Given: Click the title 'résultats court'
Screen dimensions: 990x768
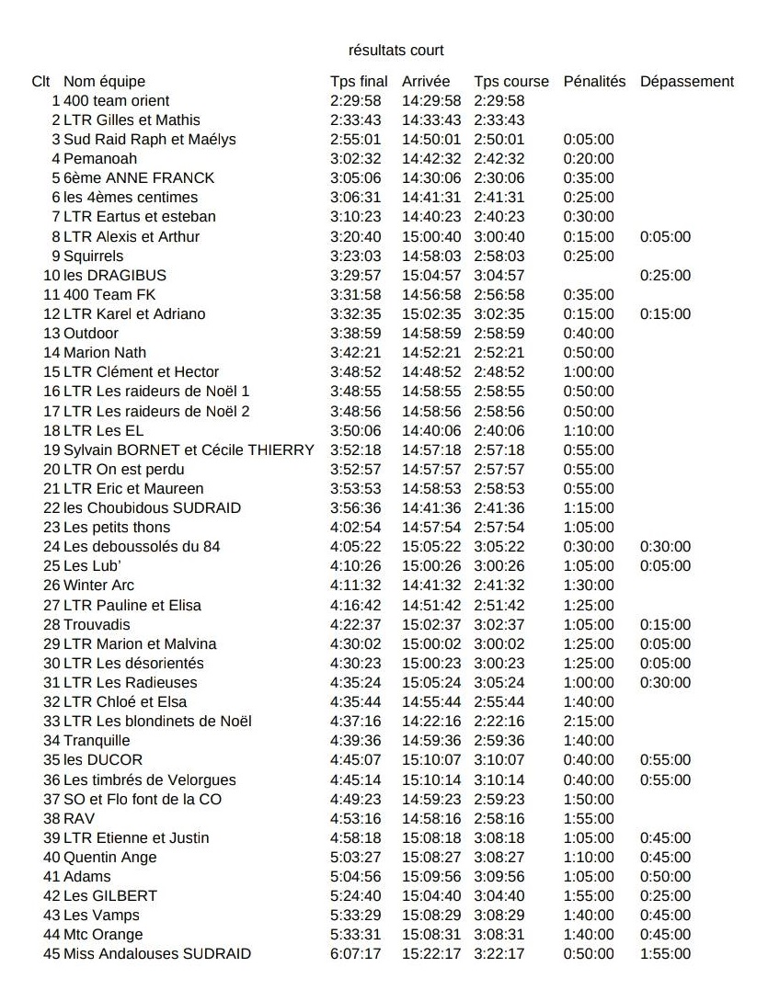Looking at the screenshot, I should (x=396, y=50).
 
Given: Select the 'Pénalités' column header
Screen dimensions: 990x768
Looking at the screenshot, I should (x=594, y=81).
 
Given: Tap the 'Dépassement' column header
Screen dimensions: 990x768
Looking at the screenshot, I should (x=686, y=81).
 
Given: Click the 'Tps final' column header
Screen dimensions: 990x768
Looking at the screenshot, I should (x=359, y=81).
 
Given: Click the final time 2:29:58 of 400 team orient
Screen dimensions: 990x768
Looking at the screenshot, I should (x=355, y=100).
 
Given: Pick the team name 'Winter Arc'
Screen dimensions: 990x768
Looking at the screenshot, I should (x=98, y=585).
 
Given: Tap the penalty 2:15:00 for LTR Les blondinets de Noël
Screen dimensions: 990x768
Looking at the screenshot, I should (x=588, y=721).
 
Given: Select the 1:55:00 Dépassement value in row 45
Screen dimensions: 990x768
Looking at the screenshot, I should (x=665, y=953).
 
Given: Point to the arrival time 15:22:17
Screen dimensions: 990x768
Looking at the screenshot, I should (x=431, y=953).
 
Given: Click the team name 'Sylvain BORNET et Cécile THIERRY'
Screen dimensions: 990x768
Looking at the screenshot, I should (x=189, y=449).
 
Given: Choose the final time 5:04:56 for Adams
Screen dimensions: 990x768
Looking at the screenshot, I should (x=355, y=876).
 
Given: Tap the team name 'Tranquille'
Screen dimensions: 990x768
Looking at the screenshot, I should (x=97, y=740).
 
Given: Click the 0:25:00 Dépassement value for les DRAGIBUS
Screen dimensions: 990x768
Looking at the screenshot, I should (x=665, y=275).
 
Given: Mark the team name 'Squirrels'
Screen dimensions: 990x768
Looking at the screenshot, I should (x=93, y=256).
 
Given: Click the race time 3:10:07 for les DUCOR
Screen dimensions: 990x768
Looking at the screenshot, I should (x=499, y=759).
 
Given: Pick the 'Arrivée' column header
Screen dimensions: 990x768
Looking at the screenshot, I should (x=426, y=81).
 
